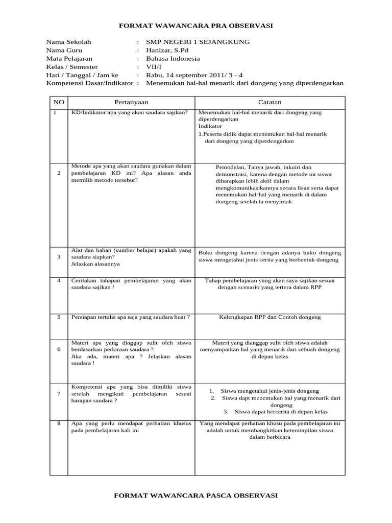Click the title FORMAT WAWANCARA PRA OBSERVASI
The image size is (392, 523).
pos(196,26)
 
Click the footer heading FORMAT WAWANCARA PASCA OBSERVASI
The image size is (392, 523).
pos(196,495)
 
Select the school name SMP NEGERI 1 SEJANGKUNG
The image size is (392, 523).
pos(198,42)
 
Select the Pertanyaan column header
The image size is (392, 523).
pos(131,102)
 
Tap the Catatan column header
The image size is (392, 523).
pos(269,102)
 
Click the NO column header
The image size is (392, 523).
pos(59,102)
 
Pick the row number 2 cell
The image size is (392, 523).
pos(59,173)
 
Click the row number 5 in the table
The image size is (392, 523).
pos(59,317)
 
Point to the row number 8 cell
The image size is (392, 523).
pos(59,423)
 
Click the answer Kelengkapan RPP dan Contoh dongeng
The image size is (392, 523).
pos(269,317)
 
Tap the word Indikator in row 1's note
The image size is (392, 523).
pos(210,125)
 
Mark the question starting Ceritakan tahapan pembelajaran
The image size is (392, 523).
pos(131,284)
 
